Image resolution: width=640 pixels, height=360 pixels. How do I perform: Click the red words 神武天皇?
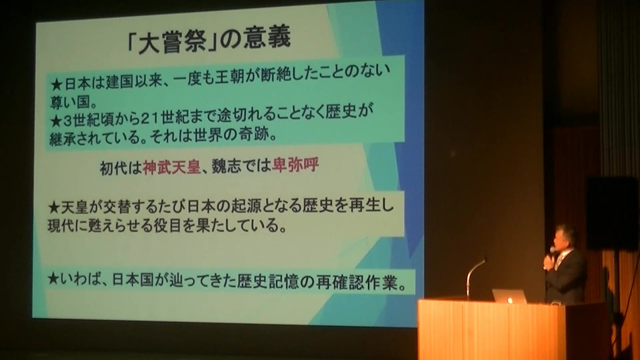(171, 167)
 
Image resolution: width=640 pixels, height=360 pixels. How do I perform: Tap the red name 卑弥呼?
(295, 165)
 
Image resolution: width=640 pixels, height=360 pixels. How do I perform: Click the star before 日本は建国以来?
(56, 85)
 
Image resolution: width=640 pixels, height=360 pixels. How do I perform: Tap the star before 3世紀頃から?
(55, 121)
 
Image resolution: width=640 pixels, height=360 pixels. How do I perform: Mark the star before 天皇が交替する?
(54, 208)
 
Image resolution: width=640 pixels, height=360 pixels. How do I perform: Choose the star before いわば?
(53, 279)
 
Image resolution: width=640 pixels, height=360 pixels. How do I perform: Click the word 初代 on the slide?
(114, 167)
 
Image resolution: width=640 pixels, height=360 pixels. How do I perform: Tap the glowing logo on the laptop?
(509, 301)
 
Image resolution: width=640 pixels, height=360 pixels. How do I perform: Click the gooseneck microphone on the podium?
(475, 277)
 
